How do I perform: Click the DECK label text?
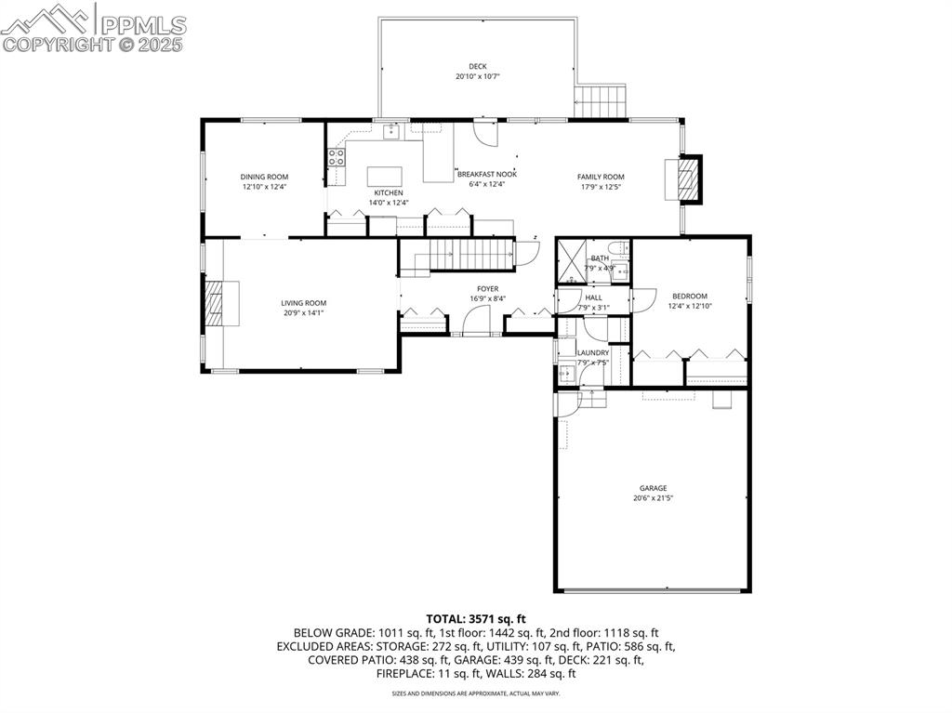(x=477, y=66)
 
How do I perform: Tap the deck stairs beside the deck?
(x=602, y=101)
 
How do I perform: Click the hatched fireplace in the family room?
(x=686, y=179)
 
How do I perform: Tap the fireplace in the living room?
(x=215, y=304)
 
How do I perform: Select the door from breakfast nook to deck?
(x=485, y=134)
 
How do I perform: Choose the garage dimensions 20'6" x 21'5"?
(x=653, y=498)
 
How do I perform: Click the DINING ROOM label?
(x=264, y=177)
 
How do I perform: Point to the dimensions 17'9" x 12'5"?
(x=601, y=187)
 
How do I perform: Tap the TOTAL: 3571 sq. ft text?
(x=476, y=618)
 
